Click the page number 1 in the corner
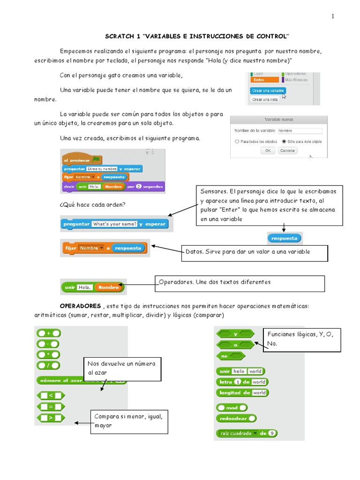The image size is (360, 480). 333,16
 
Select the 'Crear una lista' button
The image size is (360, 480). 265,99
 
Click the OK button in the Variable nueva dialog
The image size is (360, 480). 268,150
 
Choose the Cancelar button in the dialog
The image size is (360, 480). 287,150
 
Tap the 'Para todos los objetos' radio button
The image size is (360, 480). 237,141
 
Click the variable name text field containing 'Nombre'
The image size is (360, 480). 300,131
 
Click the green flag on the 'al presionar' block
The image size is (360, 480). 97,160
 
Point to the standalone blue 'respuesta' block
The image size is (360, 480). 285,238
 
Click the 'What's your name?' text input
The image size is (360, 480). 115,224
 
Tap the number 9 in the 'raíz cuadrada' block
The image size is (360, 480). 272,433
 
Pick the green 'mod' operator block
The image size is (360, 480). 232,407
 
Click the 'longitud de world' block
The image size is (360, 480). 242,393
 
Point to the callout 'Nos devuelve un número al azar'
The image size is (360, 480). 123,368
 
